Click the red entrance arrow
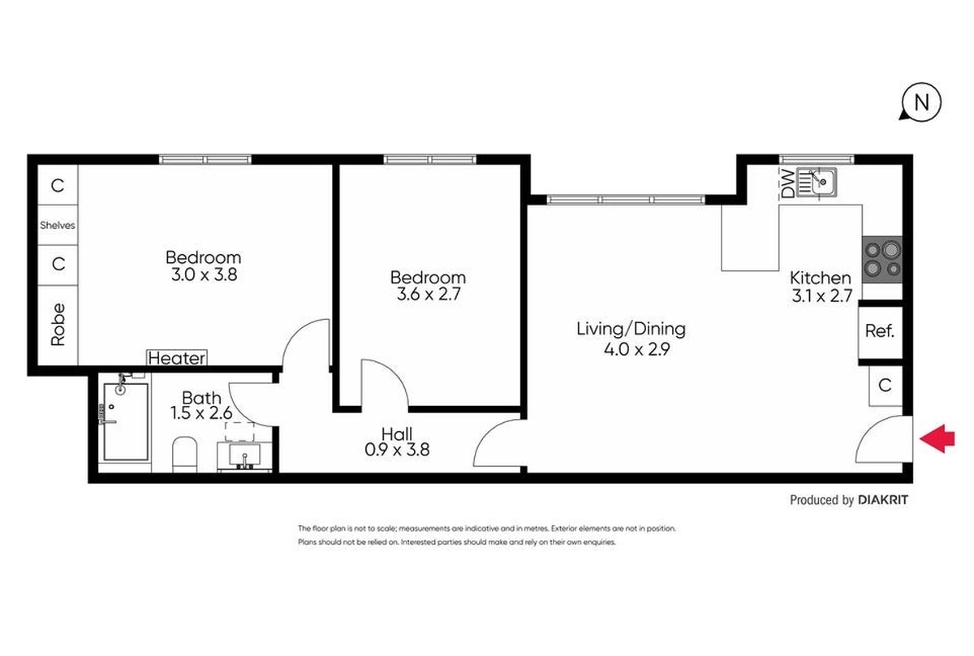point(937,438)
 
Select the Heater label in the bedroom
point(177,358)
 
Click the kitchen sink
point(817,182)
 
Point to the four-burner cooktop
point(882,260)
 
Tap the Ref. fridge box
point(880,331)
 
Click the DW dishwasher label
point(787,183)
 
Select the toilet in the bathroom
point(185,454)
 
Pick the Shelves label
point(58,226)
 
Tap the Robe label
point(58,325)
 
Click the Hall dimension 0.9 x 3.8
point(397,450)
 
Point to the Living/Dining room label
point(631,330)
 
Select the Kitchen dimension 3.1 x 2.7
point(821,296)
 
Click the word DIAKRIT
point(883,500)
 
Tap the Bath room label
point(201,398)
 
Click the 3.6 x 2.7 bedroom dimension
point(429,295)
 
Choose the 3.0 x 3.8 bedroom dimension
point(204,275)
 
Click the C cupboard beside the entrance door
point(886,386)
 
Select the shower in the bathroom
point(126,421)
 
